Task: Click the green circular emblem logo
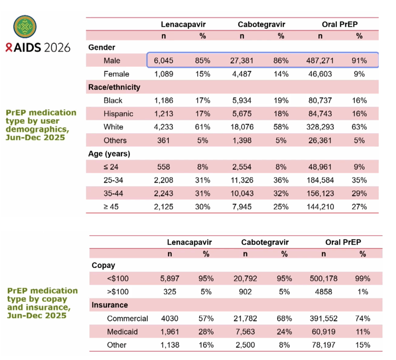(25, 26)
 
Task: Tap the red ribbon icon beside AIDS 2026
(9, 48)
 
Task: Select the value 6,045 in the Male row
(164, 61)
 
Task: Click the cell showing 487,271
(320, 61)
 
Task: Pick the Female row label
(116, 74)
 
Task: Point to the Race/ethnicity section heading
(114, 87)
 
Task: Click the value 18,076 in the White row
(242, 127)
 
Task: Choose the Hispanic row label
(118, 114)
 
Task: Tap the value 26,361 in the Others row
(320, 140)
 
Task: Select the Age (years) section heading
(109, 154)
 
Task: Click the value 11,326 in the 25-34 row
(242, 180)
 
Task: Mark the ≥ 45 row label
(111, 206)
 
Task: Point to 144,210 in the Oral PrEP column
(320, 206)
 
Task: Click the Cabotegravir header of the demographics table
(261, 24)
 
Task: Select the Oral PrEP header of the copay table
(343, 242)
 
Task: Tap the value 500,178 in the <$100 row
(323, 278)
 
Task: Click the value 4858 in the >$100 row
(323, 292)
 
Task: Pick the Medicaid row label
(122, 332)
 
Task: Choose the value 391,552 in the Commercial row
(323, 318)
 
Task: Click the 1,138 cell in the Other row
(170, 345)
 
